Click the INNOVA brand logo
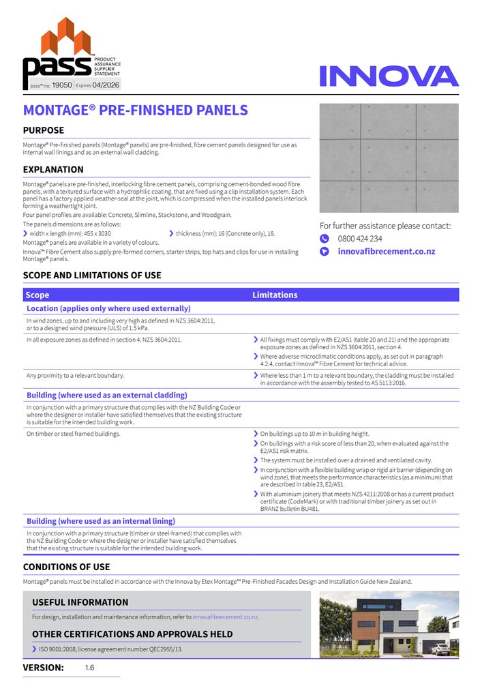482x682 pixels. [389, 76]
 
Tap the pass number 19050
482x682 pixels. [61, 85]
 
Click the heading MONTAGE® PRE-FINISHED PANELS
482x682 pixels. [135, 110]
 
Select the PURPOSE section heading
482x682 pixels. [44, 130]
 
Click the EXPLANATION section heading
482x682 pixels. [53, 170]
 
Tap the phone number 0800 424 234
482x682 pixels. [360, 239]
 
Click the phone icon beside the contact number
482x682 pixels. [325, 239]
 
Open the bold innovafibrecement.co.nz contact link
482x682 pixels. [386, 252]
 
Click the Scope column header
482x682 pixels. [37, 295]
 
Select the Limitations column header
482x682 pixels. [275, 295]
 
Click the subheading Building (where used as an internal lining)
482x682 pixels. [101, 521]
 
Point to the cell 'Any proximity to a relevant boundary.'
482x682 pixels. [75, 376]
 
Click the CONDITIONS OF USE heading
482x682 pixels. [66, 567]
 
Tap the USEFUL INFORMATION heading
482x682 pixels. [80, 602]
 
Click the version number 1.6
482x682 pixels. [90, 668]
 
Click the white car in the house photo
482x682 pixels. [440, 649]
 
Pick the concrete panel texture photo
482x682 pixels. [389, 158]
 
